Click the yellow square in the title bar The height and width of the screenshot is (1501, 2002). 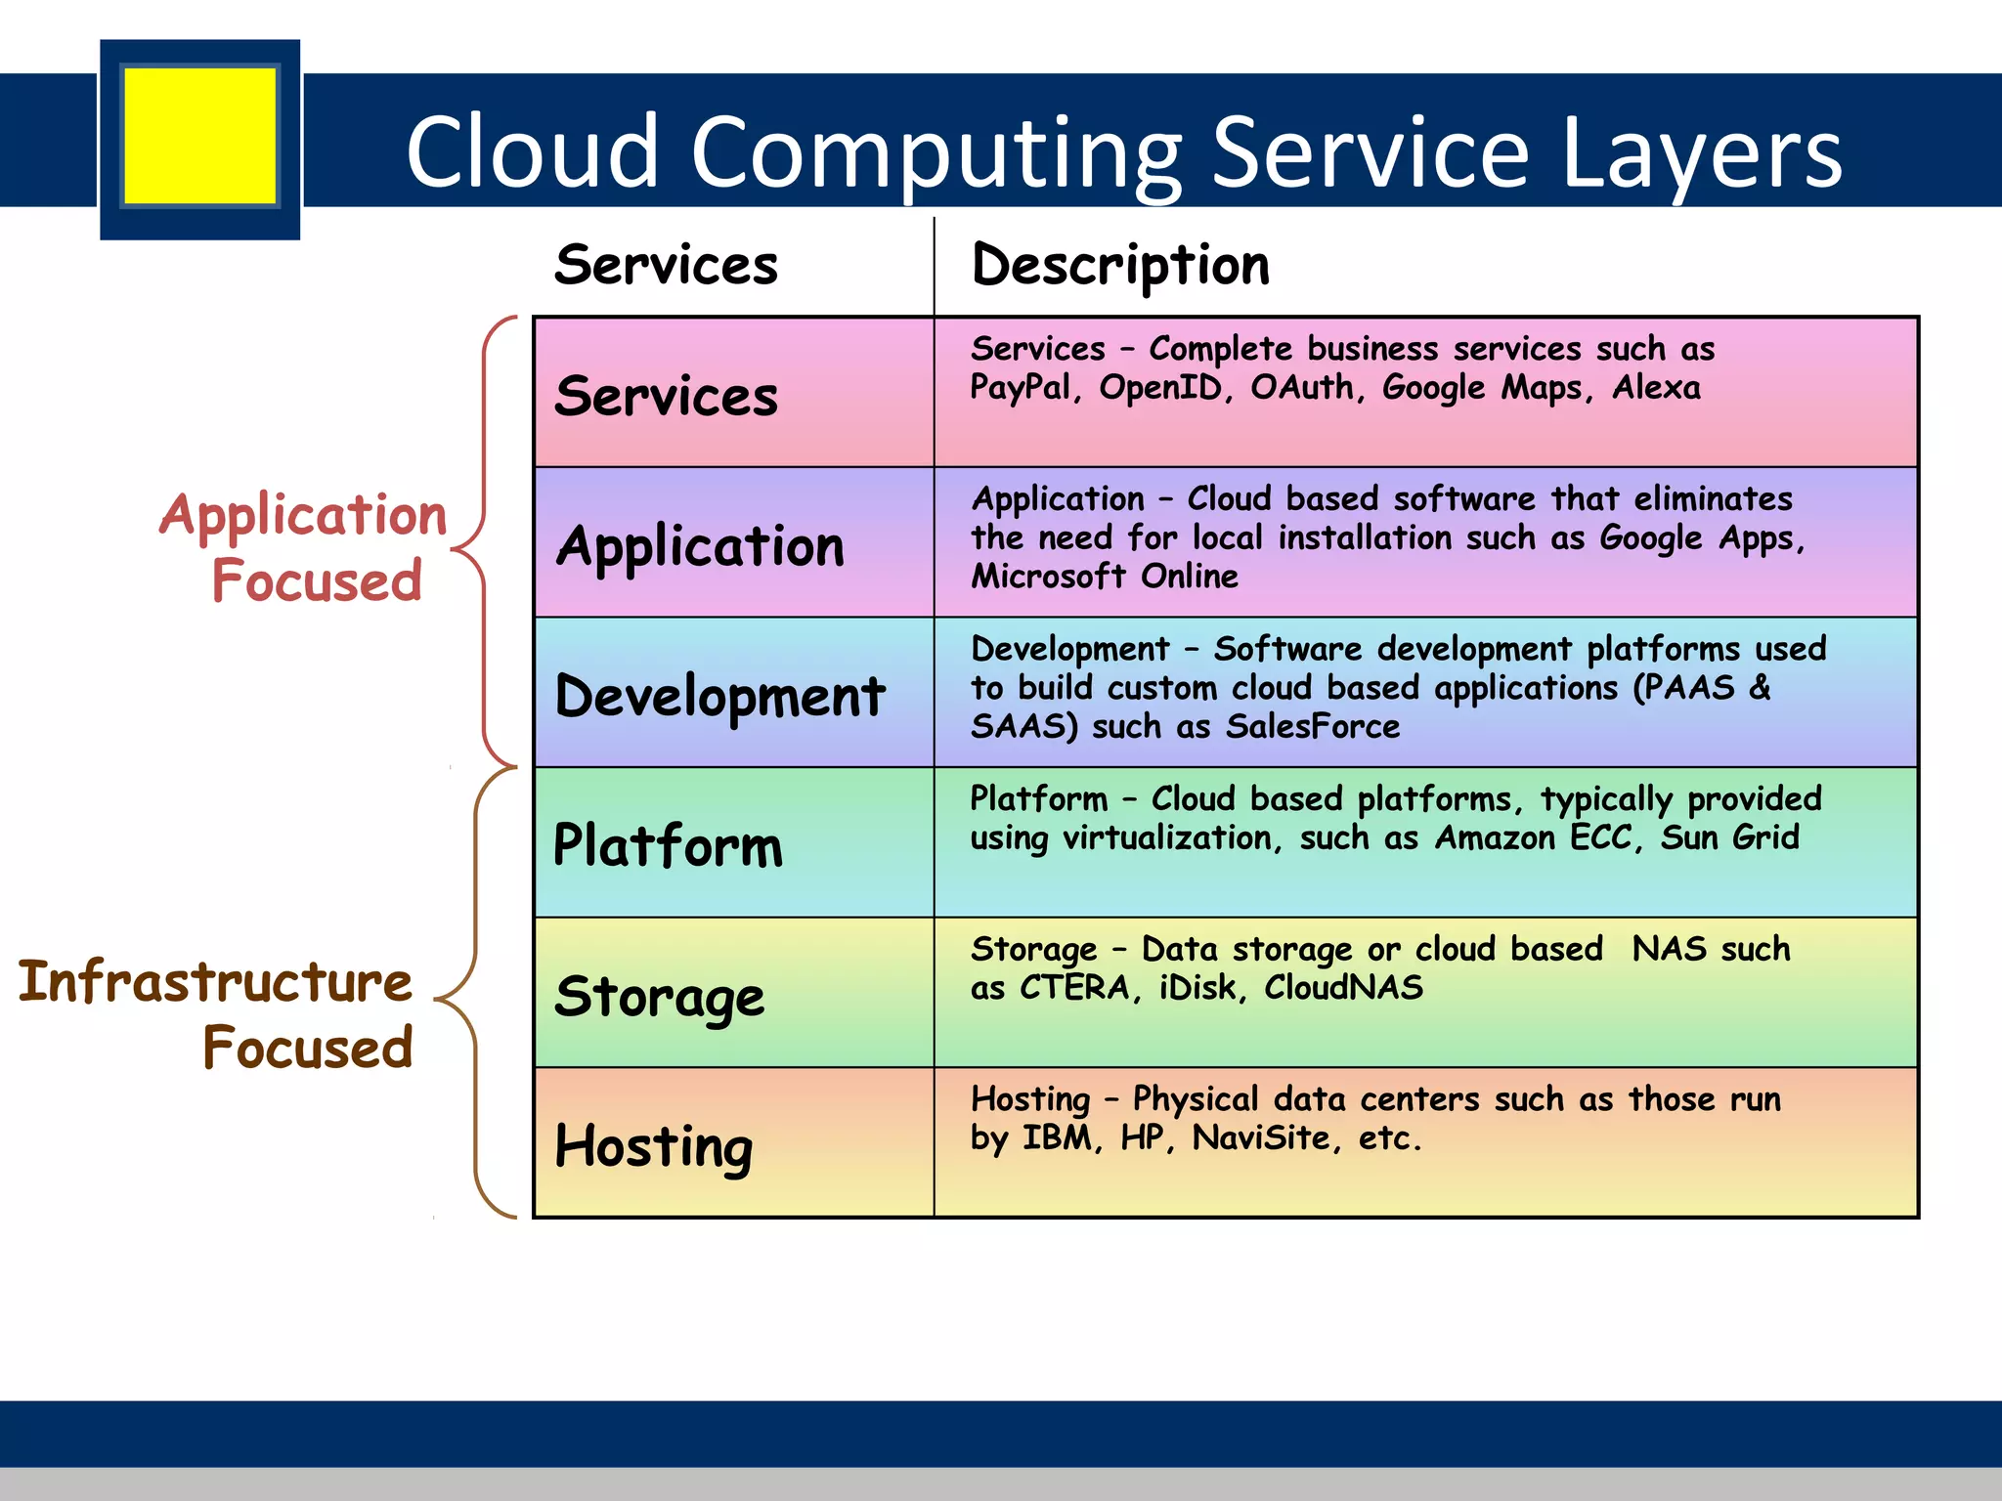click(x=200, y=136)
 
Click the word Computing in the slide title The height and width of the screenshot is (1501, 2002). click(x=936, y=152)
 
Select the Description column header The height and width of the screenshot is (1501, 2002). click(x=1120, y=265)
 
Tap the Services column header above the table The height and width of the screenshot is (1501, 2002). click(x=666, y=265)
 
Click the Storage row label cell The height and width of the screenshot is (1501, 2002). click(x=660, y=996)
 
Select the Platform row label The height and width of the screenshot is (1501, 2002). click(x=668, y=845)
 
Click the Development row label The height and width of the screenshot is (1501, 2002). click(x=719, y=696)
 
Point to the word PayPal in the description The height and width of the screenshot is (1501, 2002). click(x=1020, y=388)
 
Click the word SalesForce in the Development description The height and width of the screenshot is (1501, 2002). click(x=1312, y=726)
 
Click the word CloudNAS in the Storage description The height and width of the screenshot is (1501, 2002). click(x=1343, y=987)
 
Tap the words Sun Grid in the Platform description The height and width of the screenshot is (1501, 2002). click(x=1729, y=837)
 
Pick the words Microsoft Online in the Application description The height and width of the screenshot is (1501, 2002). click(x=1105, y=577)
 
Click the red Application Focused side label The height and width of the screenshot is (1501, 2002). click(x=303, y=547)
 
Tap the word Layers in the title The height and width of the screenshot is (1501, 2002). click(x=1701, y=152)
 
